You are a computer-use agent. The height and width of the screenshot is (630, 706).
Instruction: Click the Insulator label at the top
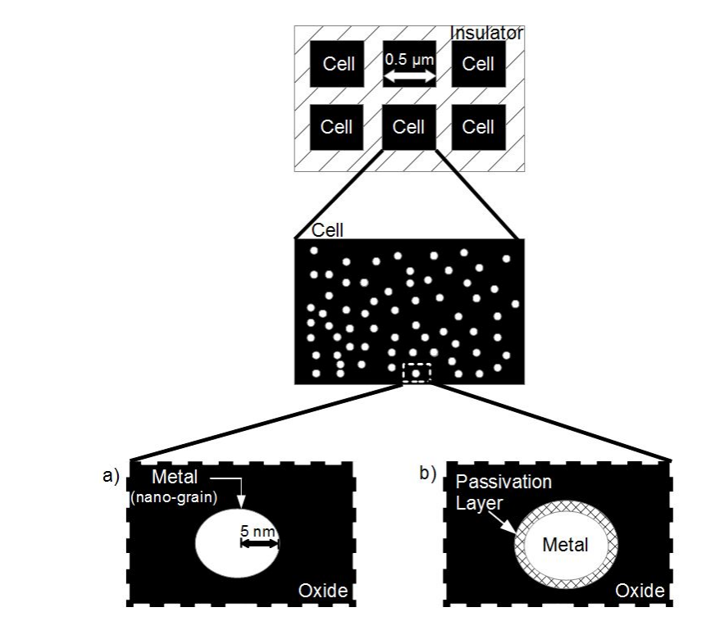pyautogui.click(x=486, y=34)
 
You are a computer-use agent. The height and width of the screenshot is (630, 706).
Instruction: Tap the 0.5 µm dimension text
pyautogui.click(x=409, y=59)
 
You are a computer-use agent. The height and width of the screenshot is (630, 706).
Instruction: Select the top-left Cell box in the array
pyautogui.click(x=339, y=64)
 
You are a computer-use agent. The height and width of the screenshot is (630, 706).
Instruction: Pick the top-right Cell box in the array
pyautogui.click(x=478, y=64)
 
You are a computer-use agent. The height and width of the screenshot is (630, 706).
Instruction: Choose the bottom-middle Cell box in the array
pyautogui.click(x=408, y=127)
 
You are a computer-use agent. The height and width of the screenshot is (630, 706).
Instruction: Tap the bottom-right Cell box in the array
pyautogui.click(x=478, y=127)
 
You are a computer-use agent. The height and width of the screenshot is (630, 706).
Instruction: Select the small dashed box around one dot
pyautogui.click(x=417, y=373)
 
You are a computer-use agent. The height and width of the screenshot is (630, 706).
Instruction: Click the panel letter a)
pyautogui.click(x=112, y=475)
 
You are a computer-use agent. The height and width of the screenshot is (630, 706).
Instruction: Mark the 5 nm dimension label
pyautogui.click(x=259, y=531)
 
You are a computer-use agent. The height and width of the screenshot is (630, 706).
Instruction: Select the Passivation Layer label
pyautogui.click(x=491, y=490)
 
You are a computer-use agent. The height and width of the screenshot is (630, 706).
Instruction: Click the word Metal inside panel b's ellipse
pyautogui.click(x=566, y=544)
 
